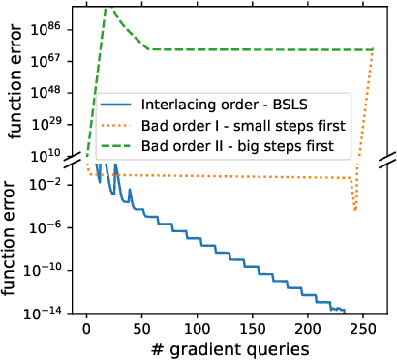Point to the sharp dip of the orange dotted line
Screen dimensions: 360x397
click(x=355, y=208)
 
